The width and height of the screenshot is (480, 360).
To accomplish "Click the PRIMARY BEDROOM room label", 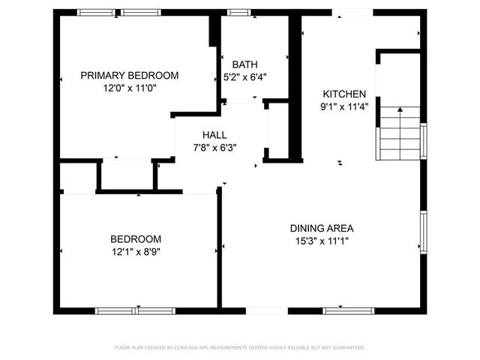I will tap(130, 75).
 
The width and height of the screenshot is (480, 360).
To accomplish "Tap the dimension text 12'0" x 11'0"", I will tap(130, 88).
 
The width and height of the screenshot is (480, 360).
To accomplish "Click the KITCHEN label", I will tap(344, 94).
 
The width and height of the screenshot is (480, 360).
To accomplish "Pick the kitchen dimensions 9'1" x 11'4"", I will tap(344, 106).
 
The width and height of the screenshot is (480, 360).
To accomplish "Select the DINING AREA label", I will tap(322, 228).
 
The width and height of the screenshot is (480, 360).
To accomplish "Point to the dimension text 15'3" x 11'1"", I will tap(322, 241).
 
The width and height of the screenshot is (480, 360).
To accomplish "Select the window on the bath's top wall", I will tap(239, 12).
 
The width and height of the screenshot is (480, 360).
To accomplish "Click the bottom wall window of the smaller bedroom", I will tap(135, 310).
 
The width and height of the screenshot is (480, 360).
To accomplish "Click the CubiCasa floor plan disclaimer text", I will tap(239, 347).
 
